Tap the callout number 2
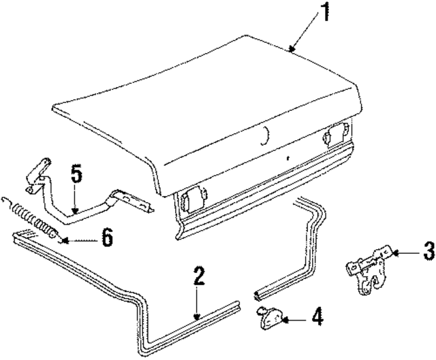(198, 276)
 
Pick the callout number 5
(76, 175)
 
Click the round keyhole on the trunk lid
(264, 136)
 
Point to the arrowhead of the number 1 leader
(292, 49)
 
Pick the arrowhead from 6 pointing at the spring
(63, 239)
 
